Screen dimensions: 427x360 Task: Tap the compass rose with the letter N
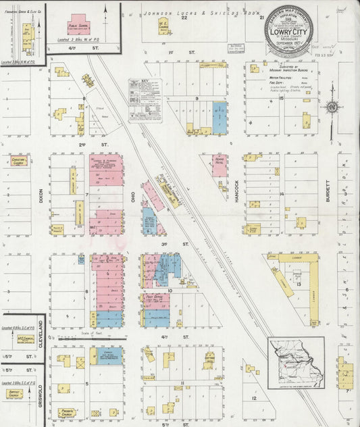(x=332, y=107)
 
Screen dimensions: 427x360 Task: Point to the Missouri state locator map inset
(x=296, y=362)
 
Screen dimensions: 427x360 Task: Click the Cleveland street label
(x=40, y=333)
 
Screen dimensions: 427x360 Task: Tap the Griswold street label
(x=40, y=394)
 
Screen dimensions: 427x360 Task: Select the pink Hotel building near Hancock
(x=220, y=166)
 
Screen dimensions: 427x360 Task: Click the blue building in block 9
(x=220, y=117)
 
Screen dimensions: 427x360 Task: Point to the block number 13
(x=298, y=284)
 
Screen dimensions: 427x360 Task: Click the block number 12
(x=254, y=398)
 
